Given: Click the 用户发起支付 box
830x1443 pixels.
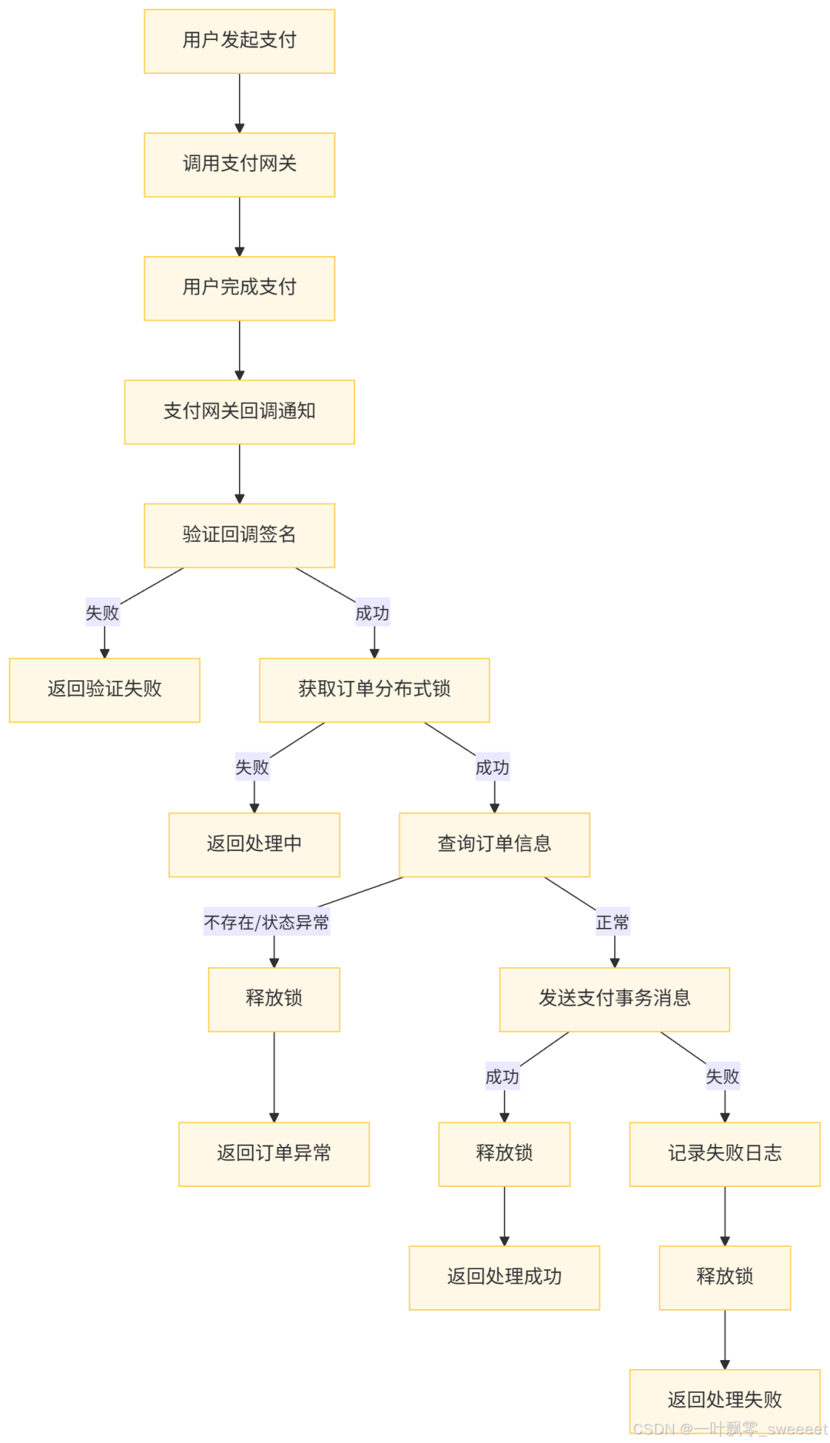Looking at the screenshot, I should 239,42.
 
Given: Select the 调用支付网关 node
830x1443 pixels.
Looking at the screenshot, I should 239,165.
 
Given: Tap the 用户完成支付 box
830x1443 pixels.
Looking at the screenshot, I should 239,288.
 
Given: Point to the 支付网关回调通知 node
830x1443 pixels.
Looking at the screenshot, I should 239,412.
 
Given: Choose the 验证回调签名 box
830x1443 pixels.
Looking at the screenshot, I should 239,535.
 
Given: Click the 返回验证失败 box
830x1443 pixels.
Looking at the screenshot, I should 105,690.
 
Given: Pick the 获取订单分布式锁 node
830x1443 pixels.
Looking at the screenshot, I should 374,690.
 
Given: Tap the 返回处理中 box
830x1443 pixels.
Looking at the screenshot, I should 254,844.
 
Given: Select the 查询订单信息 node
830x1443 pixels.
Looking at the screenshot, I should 494,844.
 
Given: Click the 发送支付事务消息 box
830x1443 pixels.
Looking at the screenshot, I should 614,999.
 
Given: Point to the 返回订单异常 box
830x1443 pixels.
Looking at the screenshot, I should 274,1153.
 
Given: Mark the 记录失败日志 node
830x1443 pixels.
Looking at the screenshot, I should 725,1153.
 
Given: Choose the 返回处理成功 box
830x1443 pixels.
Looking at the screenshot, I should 504,1277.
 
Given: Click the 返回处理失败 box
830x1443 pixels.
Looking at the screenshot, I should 725,1400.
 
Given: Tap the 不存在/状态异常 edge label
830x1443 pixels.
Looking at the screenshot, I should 267,922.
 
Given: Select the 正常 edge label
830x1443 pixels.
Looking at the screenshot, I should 613,922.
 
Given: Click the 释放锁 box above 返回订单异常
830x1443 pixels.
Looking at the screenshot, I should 274,999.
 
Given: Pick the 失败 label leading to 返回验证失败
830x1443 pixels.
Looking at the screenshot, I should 102,613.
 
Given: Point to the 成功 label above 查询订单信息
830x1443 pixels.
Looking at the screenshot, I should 493,767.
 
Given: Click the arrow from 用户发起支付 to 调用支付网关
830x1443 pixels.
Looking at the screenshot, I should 239,103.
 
